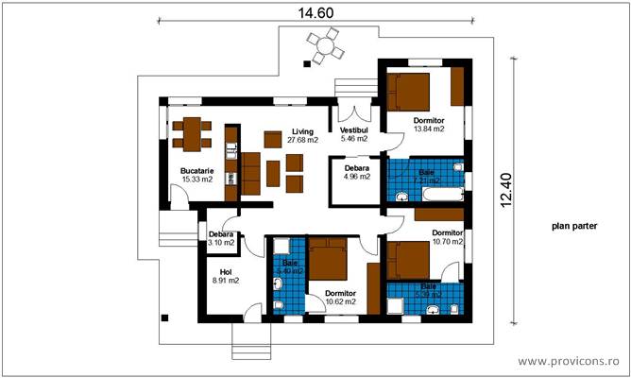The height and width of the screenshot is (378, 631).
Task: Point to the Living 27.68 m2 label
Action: pyautogui.click(x=302, y=136)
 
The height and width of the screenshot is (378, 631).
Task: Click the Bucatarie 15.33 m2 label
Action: pyautogui.click(x=196, y=175)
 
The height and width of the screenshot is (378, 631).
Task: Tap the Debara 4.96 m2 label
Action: pyautogui.click(x=356, y=171)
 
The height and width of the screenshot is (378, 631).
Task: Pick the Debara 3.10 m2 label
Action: pyautogui.click(x=221, y=238)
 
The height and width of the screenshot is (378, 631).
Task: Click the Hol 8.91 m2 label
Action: pyautogui.click(x=223, y=276)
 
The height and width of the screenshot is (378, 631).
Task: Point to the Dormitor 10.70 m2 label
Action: pyautogui.click(x=447, y=237)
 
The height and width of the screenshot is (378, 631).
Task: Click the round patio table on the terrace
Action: pyautogui.click(x=325, y=44)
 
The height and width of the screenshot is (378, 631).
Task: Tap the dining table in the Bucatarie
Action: pyautogui.click(x=191, y=133)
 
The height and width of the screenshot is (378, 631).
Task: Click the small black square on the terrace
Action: pyautogui.click(x=305, y=64)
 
